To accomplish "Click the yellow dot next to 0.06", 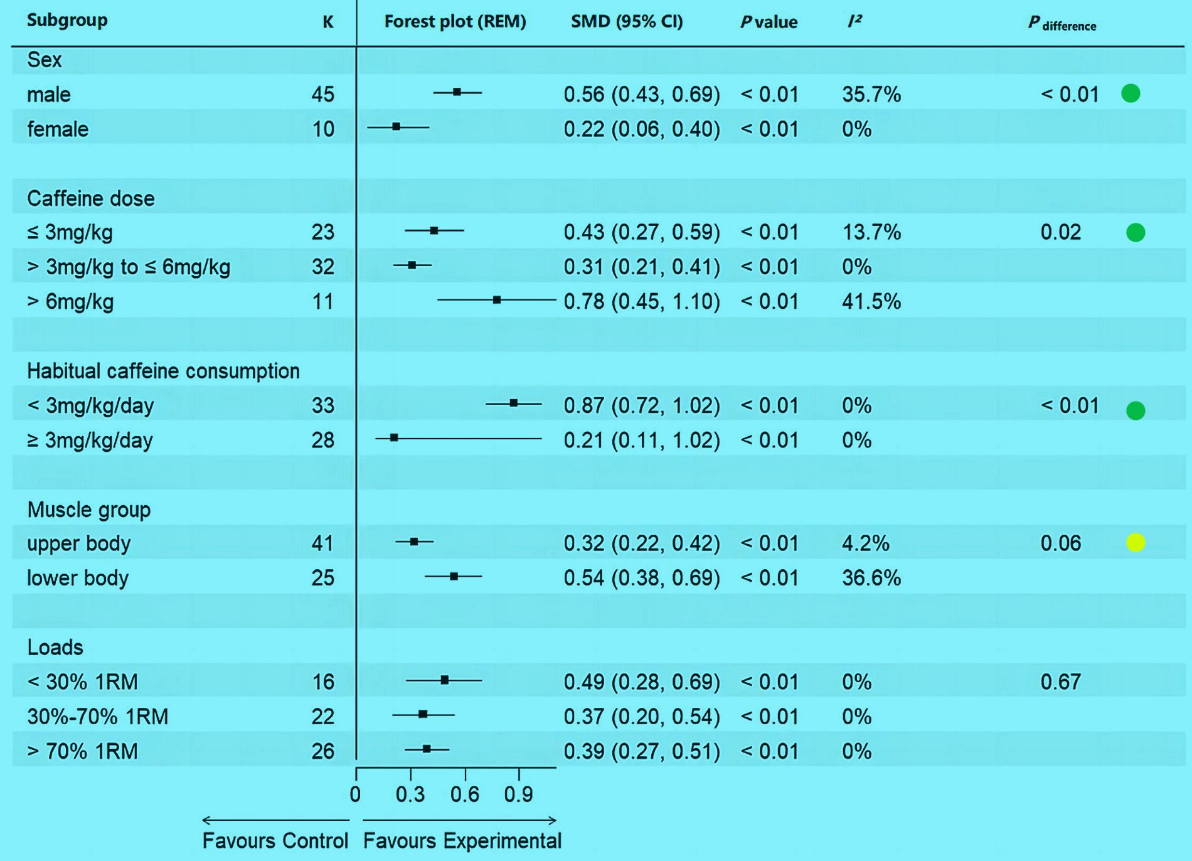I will [x=1136, y=542].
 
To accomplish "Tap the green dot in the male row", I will [x=1131, y=94].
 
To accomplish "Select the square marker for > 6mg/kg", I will [x=497, y=300].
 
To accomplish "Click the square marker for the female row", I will [x=396, y=127].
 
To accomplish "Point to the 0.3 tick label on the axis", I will [x=410, y=794].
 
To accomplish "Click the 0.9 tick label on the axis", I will [x=519, y=794].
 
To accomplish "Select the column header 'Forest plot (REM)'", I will [x=455, y=21].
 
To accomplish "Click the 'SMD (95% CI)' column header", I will [x=627, y=21].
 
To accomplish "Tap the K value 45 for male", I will [x=322, y=94].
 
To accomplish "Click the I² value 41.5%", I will [x=871, y=301].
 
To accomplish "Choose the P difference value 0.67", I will [x=1060, y=682].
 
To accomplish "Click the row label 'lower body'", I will [x=78, y=577].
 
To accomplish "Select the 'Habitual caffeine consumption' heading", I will [x=163, y=371].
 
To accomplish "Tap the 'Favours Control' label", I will [x=275, y=840].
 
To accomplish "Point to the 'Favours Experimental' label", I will [x=462, y=840].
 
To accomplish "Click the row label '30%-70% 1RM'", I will [x=98, y=716].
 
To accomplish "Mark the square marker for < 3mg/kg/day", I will [x=514, y=403].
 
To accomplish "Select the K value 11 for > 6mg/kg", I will [x=322, y=301].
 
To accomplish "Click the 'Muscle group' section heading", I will [x=89, y=509].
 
